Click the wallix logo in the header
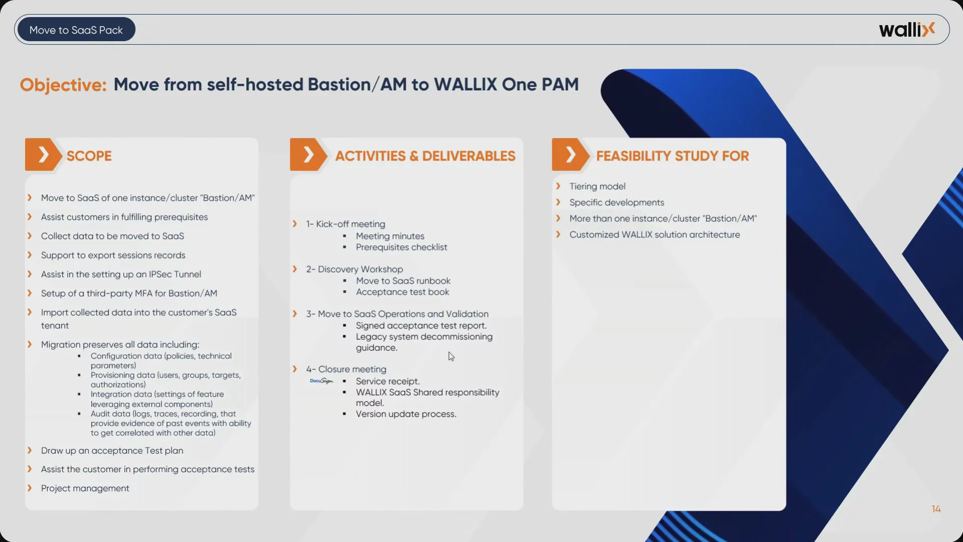tap(907, 30)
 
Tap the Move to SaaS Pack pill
tap(76, 30)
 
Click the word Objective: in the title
tap(63, 85)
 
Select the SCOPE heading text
tap(89, 156)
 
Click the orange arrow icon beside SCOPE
tap(44, 155)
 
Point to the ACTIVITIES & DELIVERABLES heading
tap(425, 156)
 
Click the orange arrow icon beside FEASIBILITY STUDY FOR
tap(571, 155)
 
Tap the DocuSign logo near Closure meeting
tap(322, 381)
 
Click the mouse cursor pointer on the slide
tap(451, 356)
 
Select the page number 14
tap(936, 509)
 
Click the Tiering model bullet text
tap(597, 187)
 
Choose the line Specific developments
tap(617, 203)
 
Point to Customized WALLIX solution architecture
tap(655, 235)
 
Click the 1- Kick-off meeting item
tap(346, 224)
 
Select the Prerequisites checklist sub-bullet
tap(401, 247)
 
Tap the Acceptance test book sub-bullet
tap(402, 292)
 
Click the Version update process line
tap(406, 414)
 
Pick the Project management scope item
tap(85, 488)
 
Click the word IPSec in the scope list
tap(160, 275)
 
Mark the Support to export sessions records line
tap(113, 255)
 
